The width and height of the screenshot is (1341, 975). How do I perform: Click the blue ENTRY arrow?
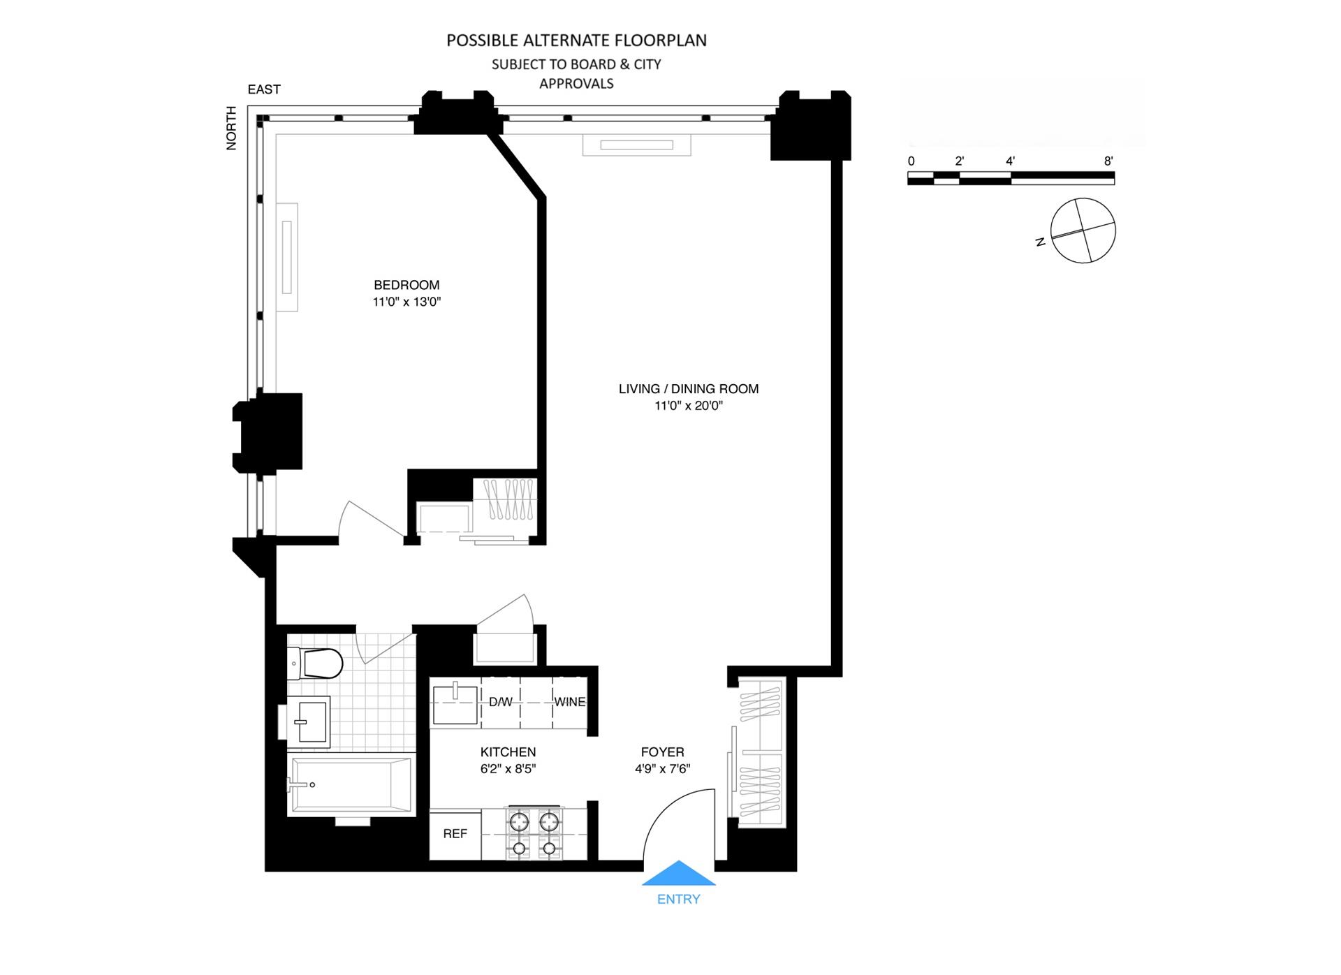coord(678,874)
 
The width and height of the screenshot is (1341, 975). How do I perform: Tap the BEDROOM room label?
coord(406,285)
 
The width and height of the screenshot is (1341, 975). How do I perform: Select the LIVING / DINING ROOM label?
coord(688,389)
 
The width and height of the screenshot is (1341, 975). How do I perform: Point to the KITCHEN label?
coord(508,752)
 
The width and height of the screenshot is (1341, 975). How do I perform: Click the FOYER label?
coord(662,752)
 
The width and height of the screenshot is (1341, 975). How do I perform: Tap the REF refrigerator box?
coord(455,834)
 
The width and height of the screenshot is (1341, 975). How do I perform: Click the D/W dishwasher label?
coord(500,702)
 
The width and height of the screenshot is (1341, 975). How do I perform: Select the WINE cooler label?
coord(569,702)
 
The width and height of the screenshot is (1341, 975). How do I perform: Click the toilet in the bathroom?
coord(316,664)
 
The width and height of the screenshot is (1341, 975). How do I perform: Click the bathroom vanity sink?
coord(309,722)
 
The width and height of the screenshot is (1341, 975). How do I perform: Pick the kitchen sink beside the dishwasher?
coord(455,705)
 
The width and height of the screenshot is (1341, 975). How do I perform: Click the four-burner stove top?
coord(534,834)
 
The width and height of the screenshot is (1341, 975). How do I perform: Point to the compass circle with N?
coord(1083,230)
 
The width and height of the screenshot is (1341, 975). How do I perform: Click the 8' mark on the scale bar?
coord(1108,161)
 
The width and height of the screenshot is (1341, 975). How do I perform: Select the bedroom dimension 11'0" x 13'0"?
coord(406,302)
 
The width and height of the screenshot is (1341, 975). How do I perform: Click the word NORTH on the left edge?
coord(231,128)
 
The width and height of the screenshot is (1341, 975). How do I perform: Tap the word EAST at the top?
coord(264,89)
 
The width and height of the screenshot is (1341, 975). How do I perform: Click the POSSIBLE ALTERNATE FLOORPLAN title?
coord(576,41)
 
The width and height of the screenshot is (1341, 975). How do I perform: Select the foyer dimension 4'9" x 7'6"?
coord(662,769)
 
